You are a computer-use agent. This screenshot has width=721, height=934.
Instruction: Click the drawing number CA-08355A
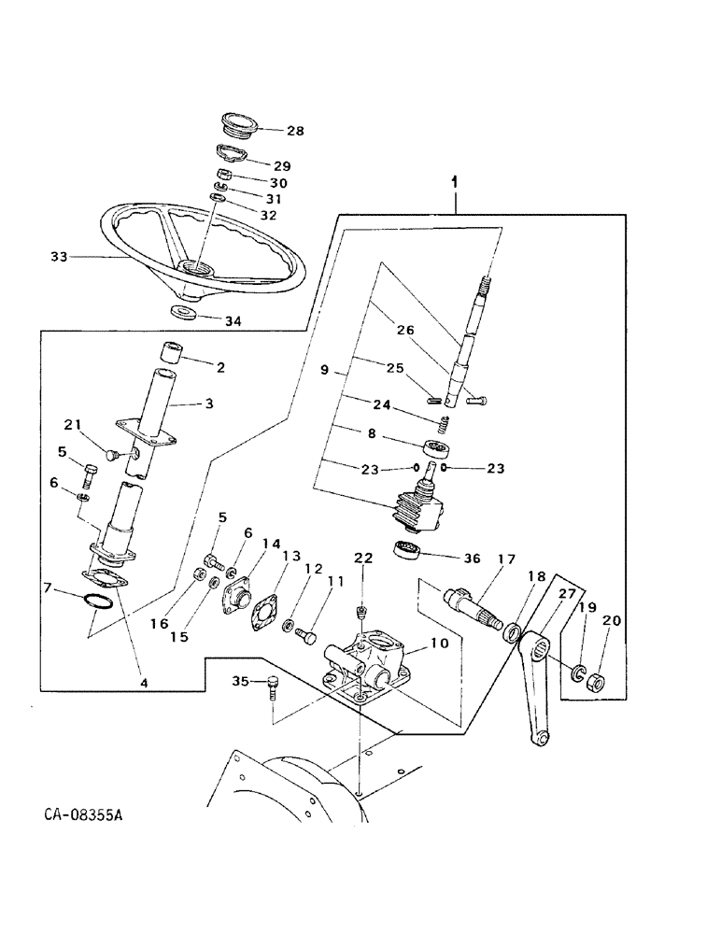click(x=82, y=815)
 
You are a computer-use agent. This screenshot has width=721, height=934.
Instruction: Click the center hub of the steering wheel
click(x=199, y=268)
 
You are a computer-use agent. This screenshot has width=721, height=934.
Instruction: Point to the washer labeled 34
click(x=183, y=310)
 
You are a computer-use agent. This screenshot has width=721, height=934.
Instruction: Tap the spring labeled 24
click(x=445, y=425)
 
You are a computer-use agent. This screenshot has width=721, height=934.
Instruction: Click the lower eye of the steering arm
click(x=539, y=739)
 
